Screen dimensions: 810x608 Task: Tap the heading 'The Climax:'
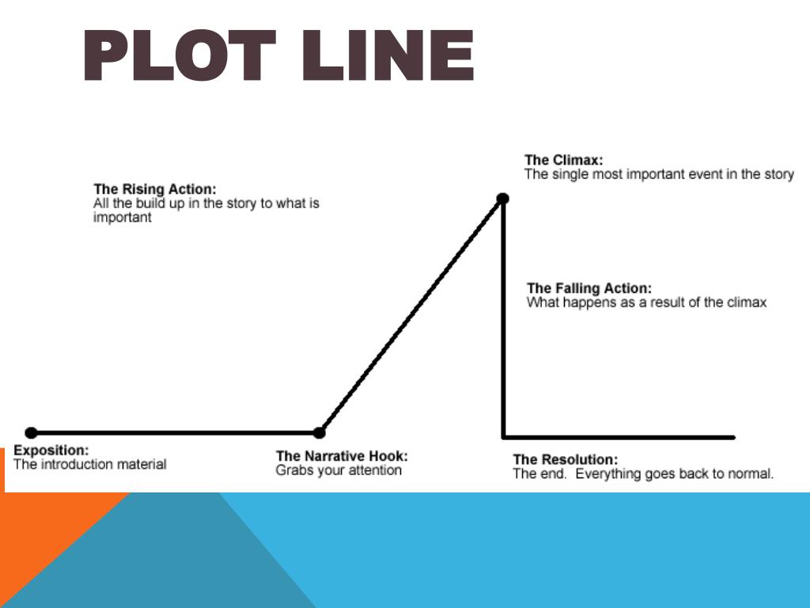click(563, 161)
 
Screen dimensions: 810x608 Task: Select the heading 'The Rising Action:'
click(154, 189)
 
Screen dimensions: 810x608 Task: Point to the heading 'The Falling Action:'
click(589, 289)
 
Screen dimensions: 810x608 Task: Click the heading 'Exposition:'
click(51, 450)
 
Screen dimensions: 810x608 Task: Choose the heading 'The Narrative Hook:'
click(342, 456)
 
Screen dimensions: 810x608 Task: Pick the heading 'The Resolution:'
click(565, 460)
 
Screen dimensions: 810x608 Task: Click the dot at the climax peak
click(502, 198)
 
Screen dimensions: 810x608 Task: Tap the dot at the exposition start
click(31, 433)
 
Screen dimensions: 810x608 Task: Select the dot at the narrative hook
click(319, 433)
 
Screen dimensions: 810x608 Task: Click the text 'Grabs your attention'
click(339, 470)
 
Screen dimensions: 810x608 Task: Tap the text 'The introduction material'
click(90, 465)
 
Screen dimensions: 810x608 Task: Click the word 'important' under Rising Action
click(122, 218)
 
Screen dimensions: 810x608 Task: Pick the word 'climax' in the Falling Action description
click(747, 302)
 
